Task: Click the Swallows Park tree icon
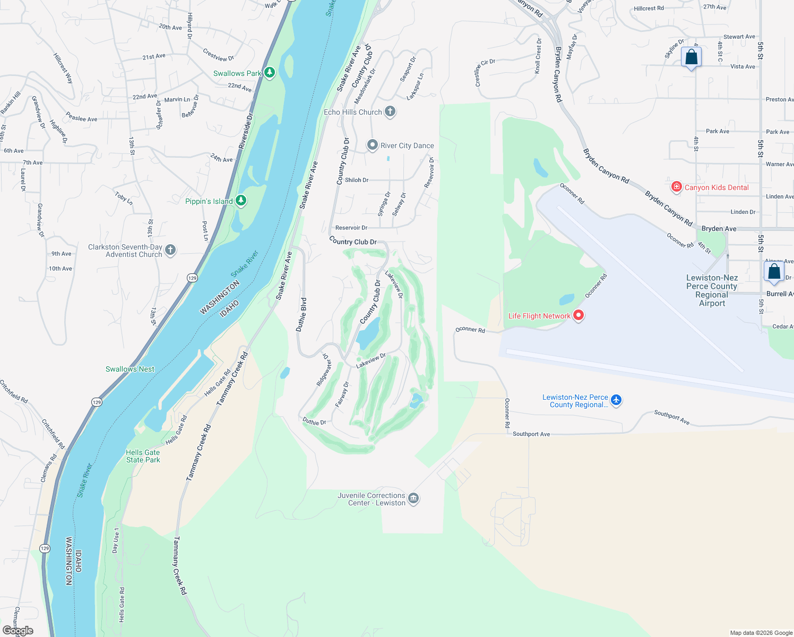coord(270,73)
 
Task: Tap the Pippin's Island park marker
coord(241,201)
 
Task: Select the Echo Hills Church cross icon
coord(390,111)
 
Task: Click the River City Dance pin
coord(373,145)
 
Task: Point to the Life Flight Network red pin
coord(579,315)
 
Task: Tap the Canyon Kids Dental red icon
coord(677,187)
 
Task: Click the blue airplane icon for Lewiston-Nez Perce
coord(616,400)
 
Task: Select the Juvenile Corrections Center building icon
coord(414,498)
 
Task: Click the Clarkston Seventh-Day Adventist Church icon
coord(170,250)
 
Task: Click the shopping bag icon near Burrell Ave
coord(774,271)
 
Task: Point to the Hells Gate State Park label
coord(143,456)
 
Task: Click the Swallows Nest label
coord(130,369)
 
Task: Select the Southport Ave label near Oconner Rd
coord(531,434)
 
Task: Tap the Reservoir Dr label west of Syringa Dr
coord(351,228)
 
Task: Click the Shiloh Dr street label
coord(357,180)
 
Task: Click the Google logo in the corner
coord(18,630)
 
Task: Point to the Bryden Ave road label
coord(719,229)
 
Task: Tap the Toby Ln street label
coord(124,198)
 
